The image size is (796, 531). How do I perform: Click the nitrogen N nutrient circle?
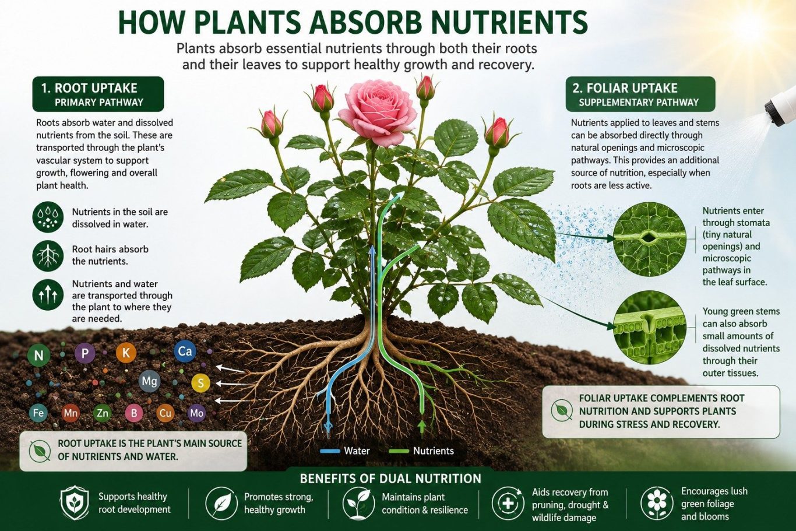[38, 356]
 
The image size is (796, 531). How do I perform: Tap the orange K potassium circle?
[126, 353]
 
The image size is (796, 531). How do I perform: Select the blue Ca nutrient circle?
[185, 351]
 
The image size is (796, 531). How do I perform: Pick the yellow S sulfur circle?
[201, 383]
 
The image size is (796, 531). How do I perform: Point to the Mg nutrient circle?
[149, 381]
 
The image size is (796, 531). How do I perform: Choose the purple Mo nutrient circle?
[196, 413]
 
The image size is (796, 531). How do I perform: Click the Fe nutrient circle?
[38, 413]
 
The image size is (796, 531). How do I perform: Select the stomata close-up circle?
[650, 239]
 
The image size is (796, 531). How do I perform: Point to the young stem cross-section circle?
[650, 328]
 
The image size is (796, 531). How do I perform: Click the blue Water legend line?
[330, 451]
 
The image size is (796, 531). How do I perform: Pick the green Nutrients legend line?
[399, 451]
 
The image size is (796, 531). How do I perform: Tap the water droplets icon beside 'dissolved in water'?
[48, 217]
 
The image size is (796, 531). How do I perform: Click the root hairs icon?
[48, 256]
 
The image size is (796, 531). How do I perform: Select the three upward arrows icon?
[48, 295]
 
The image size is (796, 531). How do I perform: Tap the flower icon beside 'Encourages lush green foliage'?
[657, 503]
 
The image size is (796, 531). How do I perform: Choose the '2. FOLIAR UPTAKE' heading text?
[625, 88]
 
